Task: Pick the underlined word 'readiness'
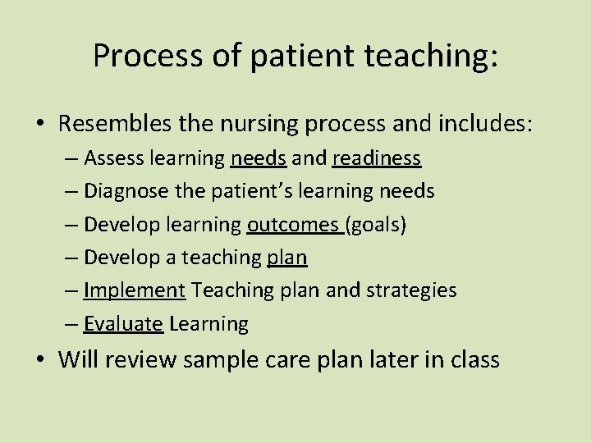(377, 158)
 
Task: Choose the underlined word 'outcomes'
(293, 224)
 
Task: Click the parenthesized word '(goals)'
(376, 224)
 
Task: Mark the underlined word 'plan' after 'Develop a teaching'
(287, 258)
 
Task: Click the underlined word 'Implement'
(135, 290)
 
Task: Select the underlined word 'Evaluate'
(123, 324)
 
